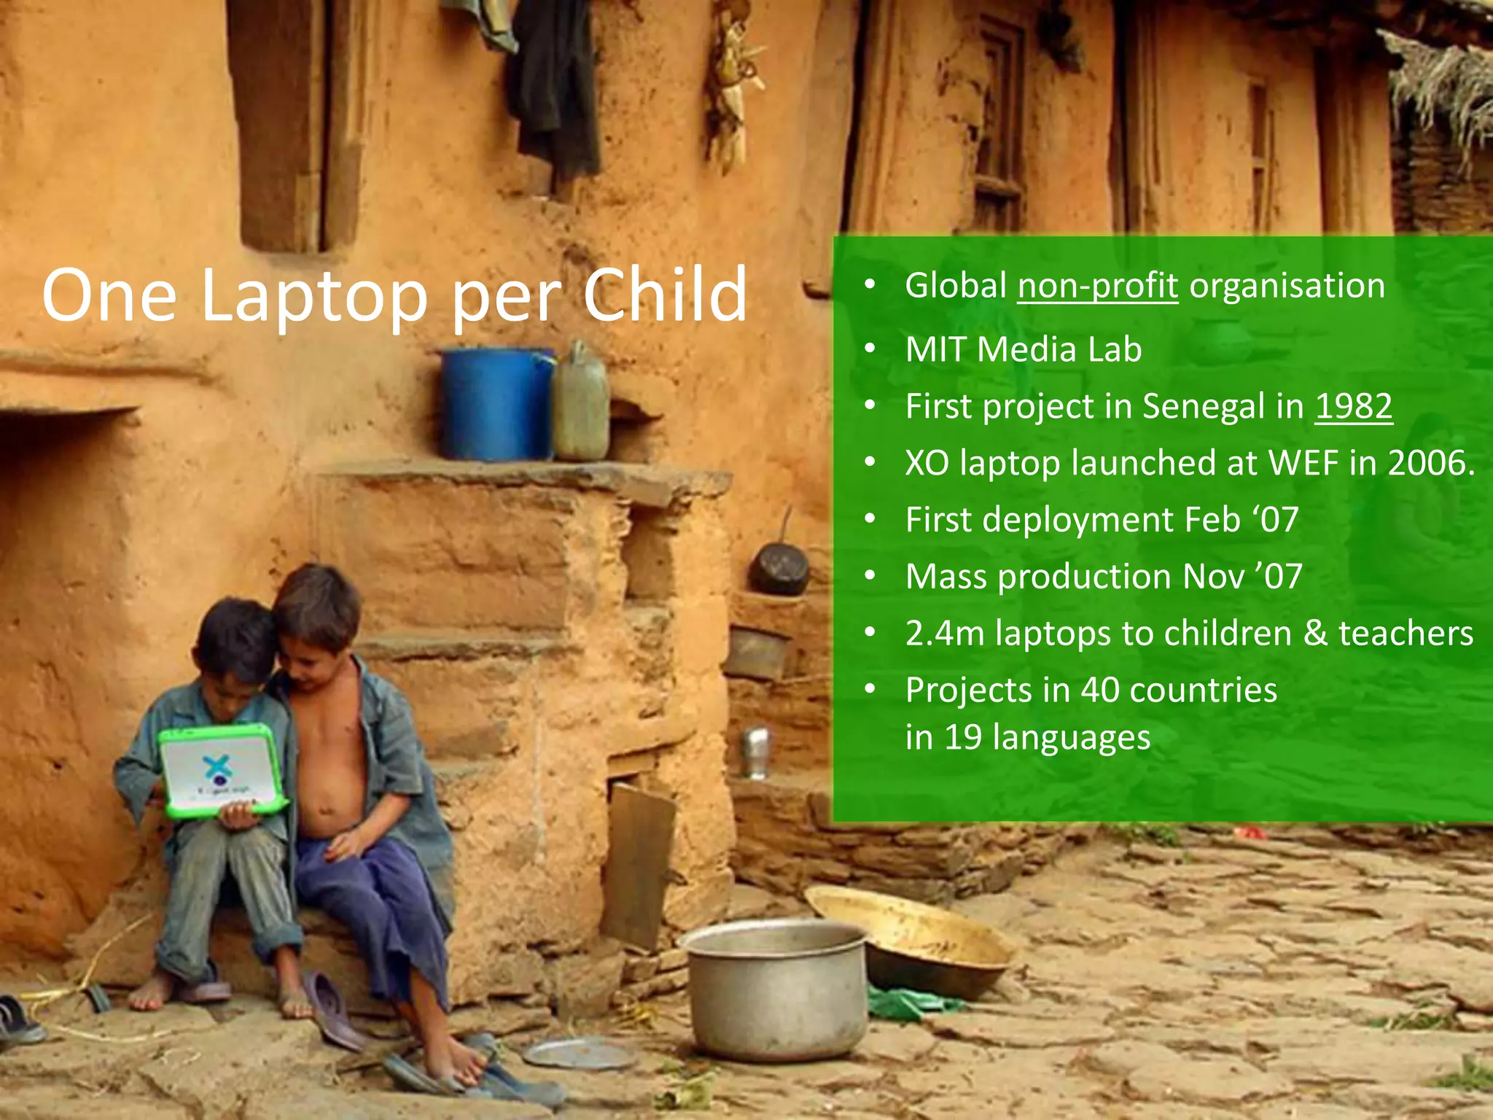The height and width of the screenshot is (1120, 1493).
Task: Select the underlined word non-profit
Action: pyautogui.click(x=1097, y=286)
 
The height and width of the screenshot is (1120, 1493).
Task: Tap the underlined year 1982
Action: pyautogui.click(x=1353, y=407)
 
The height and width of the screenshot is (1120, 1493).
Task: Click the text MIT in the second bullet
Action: pyautogui.click(x=935, y=350)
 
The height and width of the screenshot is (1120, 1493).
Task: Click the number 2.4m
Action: pyautogui.click(x=945, y=634)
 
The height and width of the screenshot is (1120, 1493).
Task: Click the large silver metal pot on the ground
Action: pyautogui.click(x=777, y=987)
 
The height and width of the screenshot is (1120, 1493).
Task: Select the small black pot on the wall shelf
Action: pyautogui.click(x=779, y=569)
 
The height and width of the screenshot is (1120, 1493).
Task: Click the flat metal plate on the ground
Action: pyautogui.click(x=580, y=1054)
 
